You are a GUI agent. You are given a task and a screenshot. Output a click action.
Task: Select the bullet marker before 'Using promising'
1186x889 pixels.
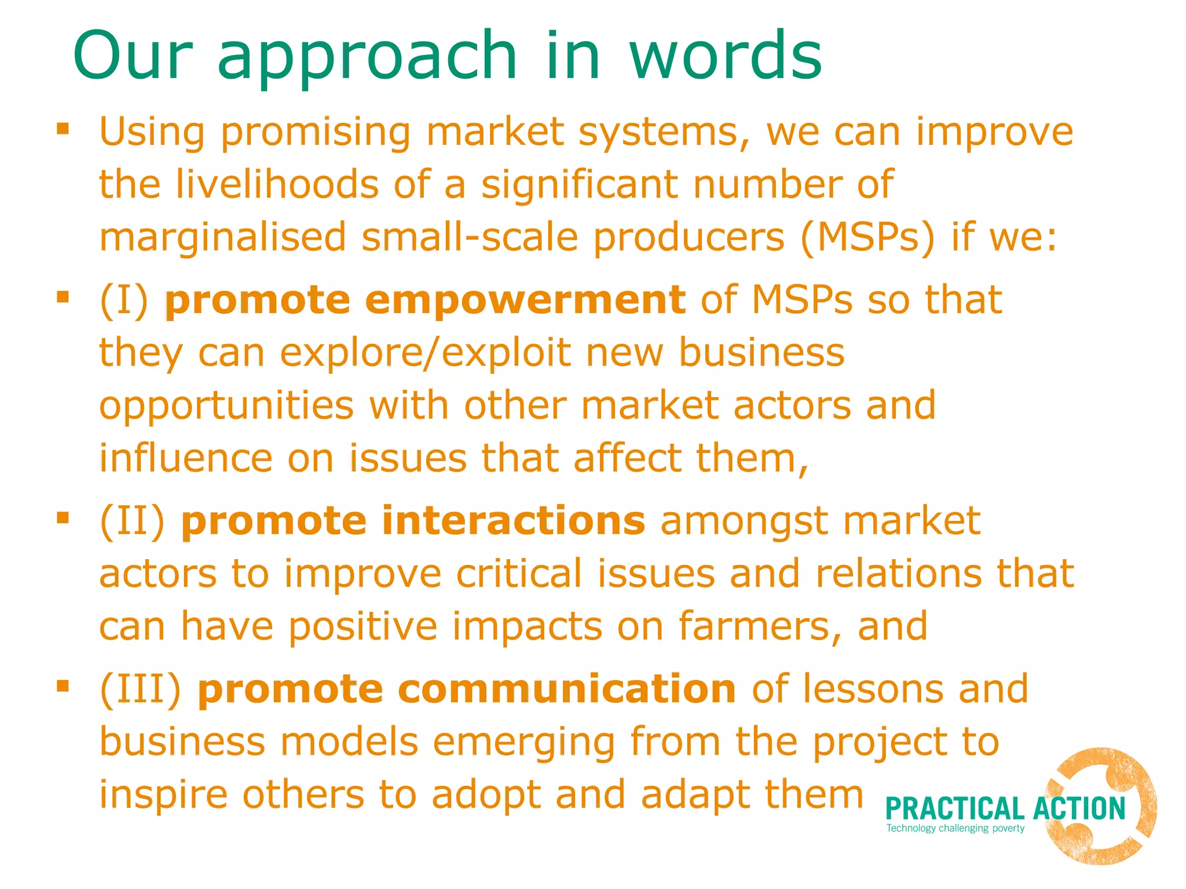tap(63, 128)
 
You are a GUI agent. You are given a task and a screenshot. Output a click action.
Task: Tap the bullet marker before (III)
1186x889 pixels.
tap(63, 686)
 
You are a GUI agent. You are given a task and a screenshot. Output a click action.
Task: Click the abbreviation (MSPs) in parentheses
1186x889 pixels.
tap(867, 237)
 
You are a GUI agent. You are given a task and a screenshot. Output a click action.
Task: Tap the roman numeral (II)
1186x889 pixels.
tap(133, 520)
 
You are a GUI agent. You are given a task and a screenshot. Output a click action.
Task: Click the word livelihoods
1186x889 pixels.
tap(277, 185)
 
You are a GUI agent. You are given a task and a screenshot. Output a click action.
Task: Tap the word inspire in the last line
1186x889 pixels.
tap(163, 795)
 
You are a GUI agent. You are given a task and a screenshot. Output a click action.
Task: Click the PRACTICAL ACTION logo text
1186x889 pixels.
tap(1005, 809)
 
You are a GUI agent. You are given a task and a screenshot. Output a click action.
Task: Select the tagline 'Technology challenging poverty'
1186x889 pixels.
tap(956, 828)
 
